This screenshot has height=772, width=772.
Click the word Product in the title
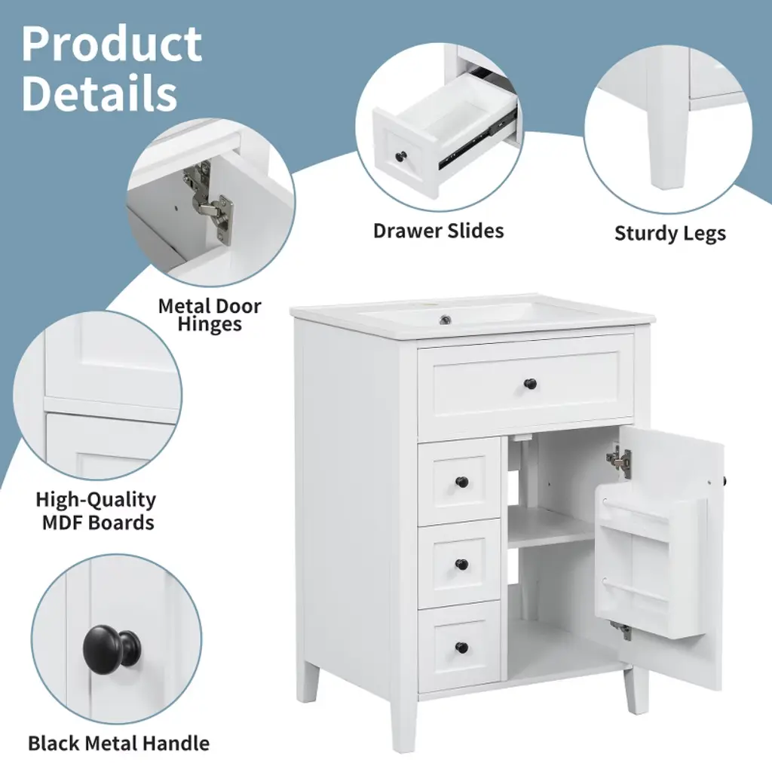pos(112,44)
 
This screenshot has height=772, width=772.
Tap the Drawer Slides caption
pos(438,231)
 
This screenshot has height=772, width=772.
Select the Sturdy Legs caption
pos(670,234)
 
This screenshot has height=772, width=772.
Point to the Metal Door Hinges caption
pos(210,315)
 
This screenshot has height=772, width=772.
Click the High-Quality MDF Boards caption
pos(96,510)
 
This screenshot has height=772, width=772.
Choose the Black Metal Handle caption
pos(118,743)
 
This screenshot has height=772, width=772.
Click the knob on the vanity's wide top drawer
pos(530,382)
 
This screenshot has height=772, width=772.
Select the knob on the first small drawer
pos(462,482)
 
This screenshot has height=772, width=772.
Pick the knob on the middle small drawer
pos(462,564)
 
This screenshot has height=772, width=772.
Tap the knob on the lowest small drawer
pos(462,647)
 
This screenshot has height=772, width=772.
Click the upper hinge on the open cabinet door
pos(618,459)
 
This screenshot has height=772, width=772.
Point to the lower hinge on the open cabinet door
pos(620,630)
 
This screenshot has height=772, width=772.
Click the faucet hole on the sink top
pos(446,320)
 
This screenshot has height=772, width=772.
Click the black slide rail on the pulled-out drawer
pos(477,139)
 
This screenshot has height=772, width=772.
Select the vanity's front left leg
pos(403,723)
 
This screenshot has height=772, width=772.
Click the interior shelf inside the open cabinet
pos(551,528)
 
